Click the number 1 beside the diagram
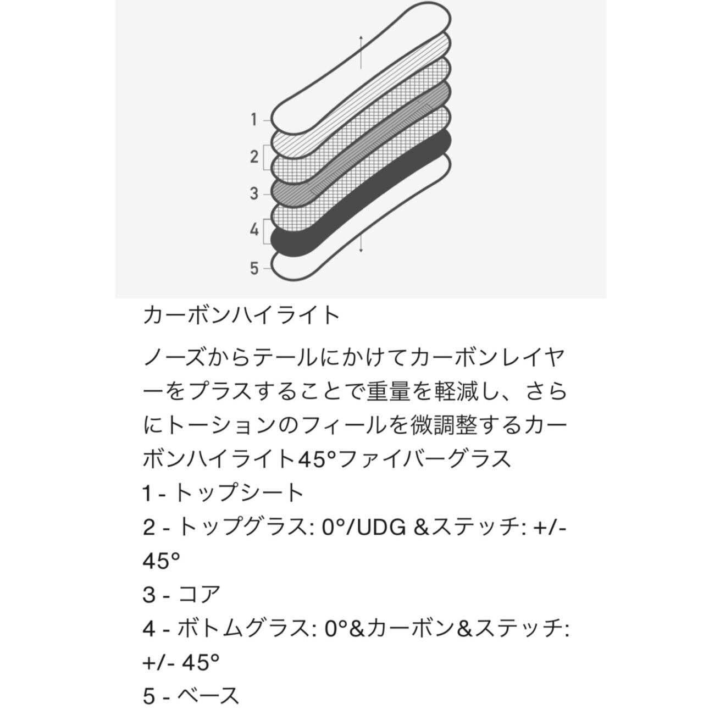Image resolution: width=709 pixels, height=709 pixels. point(253,119)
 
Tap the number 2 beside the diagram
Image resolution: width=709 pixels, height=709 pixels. point(253,157)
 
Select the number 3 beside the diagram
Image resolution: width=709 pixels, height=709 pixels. point(253,193)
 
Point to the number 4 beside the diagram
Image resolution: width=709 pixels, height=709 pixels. point(253,230)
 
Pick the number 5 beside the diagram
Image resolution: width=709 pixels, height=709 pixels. point(253,269)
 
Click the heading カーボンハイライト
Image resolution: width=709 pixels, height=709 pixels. point(241,316)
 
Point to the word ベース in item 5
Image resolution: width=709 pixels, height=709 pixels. point(208,696)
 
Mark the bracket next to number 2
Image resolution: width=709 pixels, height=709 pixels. point(266,157)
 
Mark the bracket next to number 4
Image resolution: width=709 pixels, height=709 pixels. point(266,231)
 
